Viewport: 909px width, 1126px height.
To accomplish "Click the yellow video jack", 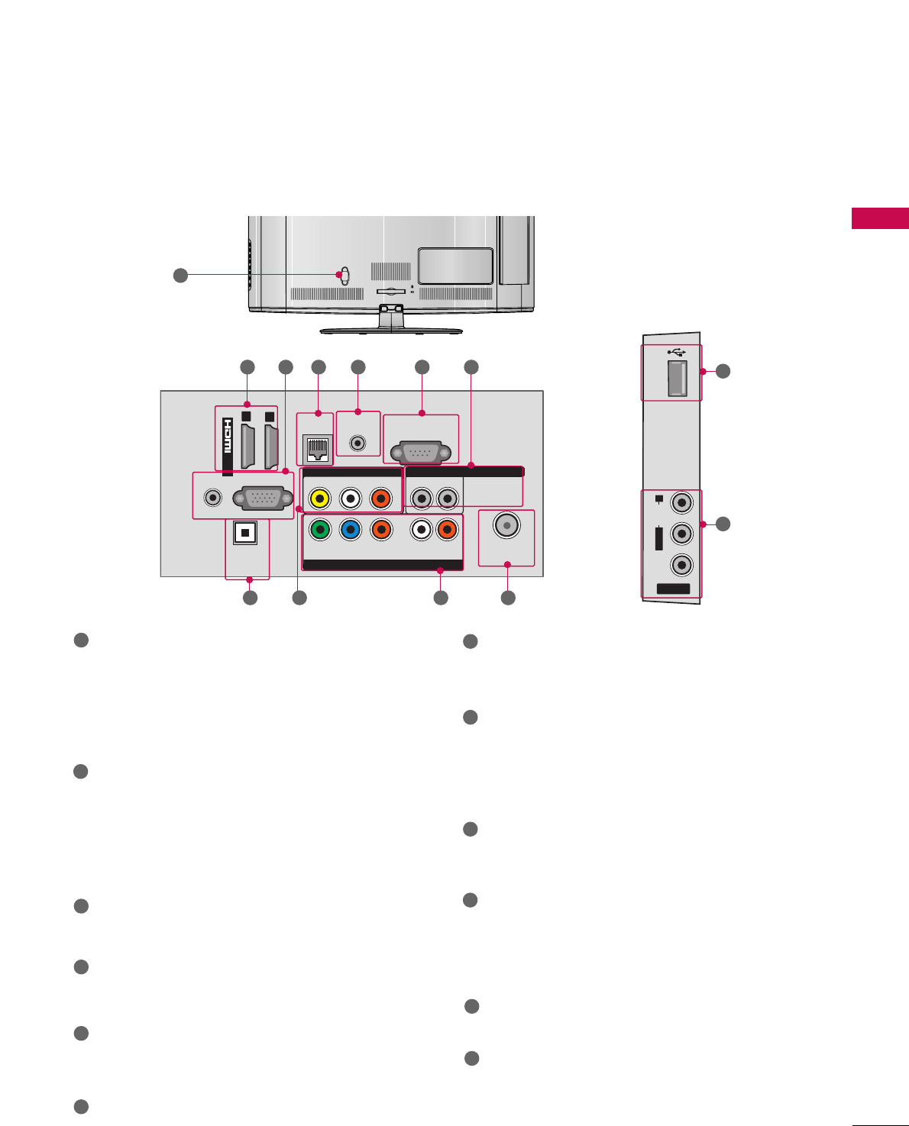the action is coord(320,498).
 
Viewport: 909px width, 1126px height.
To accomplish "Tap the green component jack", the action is coord(321,528).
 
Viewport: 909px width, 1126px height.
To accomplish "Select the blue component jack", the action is coord(351,528).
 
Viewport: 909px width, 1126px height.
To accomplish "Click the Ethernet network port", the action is coord(316,449).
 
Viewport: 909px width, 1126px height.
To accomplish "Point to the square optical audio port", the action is coord(244,533).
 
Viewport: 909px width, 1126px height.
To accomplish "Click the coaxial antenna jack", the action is coord(506,525).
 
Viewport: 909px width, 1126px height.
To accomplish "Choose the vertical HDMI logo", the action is coord(227,445).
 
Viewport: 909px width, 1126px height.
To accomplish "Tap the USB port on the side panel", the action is coord(676,378).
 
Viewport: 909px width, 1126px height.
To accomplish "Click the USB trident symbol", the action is coord(676,352).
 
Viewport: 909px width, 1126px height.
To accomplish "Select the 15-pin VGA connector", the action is coord(264,498).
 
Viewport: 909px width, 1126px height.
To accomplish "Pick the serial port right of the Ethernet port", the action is coord(421,451).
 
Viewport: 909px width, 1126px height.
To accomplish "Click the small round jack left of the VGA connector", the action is coord(214,497).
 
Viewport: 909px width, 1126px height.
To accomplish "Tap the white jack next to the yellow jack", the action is coord(350,498).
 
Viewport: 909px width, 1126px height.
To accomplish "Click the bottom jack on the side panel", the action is coord(681,564).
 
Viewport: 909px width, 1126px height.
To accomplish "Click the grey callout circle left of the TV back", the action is coord(180,275).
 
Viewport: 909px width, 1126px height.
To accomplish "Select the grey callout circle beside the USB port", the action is coord(723,371).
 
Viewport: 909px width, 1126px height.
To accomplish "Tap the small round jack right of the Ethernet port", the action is coord(357,442).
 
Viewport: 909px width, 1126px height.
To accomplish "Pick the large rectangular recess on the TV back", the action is coord(455,266).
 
